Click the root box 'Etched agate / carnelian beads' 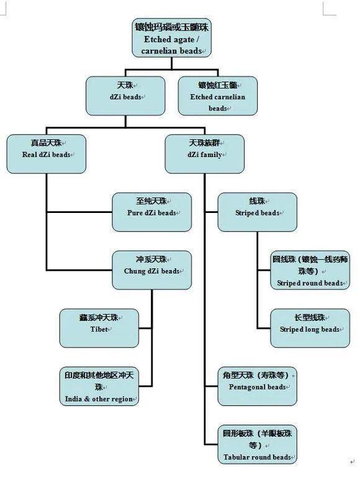point(171,38)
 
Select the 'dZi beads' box point(125,96)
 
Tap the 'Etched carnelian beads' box point(218,96)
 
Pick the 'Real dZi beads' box point(46,154)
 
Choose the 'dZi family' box point(204,154)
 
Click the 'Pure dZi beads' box point(152,212)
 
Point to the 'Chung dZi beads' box point(152,270)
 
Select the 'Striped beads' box point(258,212)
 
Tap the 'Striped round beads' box point(310,270)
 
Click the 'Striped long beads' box point(310,328)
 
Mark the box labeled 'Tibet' point(99,328)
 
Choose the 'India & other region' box point(99,386)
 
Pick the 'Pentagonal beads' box point(258,386)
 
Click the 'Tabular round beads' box point(258,444)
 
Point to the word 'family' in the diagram point(212,155)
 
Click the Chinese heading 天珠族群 point(204,143)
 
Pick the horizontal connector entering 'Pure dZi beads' point(79,212)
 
